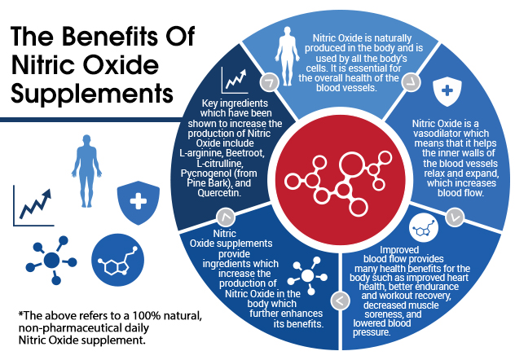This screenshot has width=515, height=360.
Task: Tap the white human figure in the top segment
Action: (x=288, y=56)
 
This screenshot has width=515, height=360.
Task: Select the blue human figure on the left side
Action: (x=86, y=171)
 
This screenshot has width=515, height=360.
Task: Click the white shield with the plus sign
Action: (x=447, y=91)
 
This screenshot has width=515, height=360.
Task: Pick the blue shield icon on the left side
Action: (x=139, y=203)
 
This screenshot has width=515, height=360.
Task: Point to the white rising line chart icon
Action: (x=234, y=80)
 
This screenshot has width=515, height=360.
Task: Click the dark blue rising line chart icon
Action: (x=33, y=206)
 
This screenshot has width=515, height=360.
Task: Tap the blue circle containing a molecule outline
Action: (x=117, y=260)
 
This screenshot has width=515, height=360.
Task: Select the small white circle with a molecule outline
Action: (x=424, y=227)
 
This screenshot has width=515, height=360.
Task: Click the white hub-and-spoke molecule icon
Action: (x=307, y=275)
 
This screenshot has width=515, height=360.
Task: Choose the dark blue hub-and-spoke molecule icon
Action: (x=51, y=260)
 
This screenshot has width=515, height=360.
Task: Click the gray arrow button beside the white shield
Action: (x=412, y=82)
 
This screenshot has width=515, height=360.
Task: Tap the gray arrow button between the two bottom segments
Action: (x=341, y=301)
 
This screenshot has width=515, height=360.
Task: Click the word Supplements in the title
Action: (x=92, y=93)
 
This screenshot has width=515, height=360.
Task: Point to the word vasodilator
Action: (x=451, y=134)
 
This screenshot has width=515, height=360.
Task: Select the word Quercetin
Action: (x=219, y=193)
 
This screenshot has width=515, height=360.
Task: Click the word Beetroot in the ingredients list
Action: (x=245, y=153)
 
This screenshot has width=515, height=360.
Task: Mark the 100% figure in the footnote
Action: (x=146, y=316)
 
